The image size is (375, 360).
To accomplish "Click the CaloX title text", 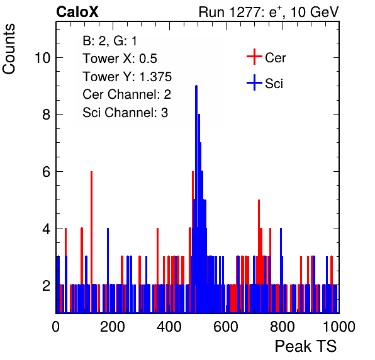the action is (77, 12).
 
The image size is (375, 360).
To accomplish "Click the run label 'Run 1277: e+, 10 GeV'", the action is (269, 12).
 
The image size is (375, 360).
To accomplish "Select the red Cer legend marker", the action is (254, 57).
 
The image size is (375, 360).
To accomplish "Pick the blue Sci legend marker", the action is (254, 83).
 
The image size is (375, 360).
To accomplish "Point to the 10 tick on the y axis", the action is (43, 58).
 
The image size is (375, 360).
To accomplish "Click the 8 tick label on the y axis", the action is (47, 115).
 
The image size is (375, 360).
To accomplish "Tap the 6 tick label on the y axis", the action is (47, 172).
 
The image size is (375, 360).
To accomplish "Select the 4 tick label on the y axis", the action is (47, 228).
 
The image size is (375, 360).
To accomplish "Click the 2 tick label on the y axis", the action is (47, 285).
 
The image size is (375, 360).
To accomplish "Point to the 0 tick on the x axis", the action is (56, 327).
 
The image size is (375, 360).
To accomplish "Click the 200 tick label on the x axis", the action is (113, 327).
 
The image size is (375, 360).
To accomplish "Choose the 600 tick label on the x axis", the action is (226, 327).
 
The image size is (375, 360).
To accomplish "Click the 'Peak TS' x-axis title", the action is (306, 346).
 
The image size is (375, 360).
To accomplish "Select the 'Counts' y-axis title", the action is (9, 49).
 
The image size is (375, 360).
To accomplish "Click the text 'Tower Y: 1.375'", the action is (127, 77).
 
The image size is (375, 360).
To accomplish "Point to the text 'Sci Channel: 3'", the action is (125, 113).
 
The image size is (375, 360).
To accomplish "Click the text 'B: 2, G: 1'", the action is (109, 41).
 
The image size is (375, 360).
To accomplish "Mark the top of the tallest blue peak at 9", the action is (196, 86).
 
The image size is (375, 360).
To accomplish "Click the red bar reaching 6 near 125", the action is (91, 242).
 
